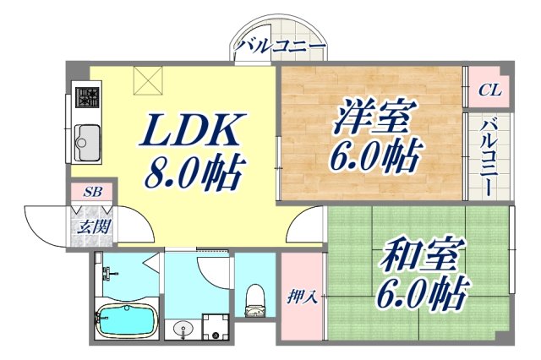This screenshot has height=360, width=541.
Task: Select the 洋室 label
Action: [x=371, y=117]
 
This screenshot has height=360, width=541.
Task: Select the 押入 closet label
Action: [x=302, y=297]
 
